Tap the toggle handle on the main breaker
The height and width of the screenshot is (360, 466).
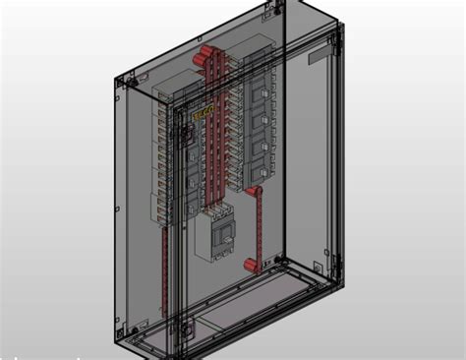click(x=226, y=234)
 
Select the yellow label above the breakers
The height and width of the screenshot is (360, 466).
click(x=201, y=115)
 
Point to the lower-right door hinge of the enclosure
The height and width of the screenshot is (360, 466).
click(x=324, y=267)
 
